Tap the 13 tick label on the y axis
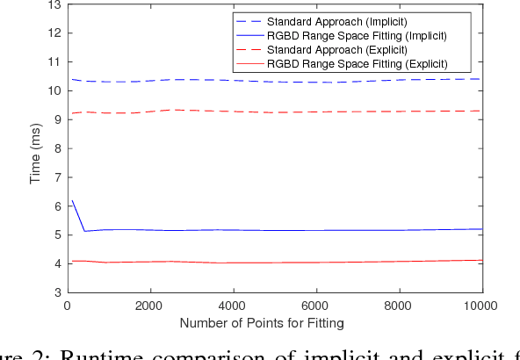click(x=54, y=4)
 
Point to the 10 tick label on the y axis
click(x=54, y=90)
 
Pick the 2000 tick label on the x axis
click(x=150, y=306)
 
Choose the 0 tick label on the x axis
click(x=68, y=306)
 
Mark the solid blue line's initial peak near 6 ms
click(x=71, y=201)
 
